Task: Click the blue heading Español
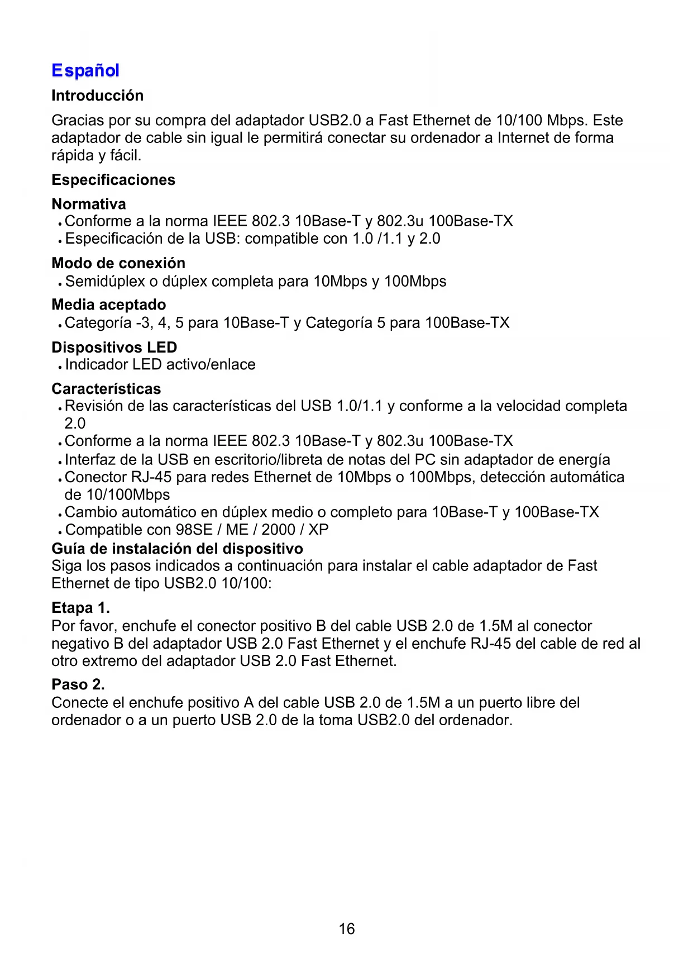click(x=85, y=71)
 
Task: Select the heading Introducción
click(x=97, y=96)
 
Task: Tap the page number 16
click(x=346, y=929)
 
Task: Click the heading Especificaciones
click(x=113, y=180)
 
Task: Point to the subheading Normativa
click(x=88, y=204)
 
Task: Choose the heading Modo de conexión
click(x=118, y=263)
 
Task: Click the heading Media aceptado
click(x=108, y=305)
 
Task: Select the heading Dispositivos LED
click(x=114, y=347)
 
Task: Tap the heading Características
click(x=106, y=389)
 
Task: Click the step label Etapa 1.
click(x=80, y=607)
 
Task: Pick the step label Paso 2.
click(x=78, y=684)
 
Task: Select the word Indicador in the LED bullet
click(x=96, y=364)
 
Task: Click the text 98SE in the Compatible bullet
click(x=194, y=529)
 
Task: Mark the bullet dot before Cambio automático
click(x=59, y=514)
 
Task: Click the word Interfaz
click(x=90, y=459)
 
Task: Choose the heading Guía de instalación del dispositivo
click(x=177, y=548)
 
